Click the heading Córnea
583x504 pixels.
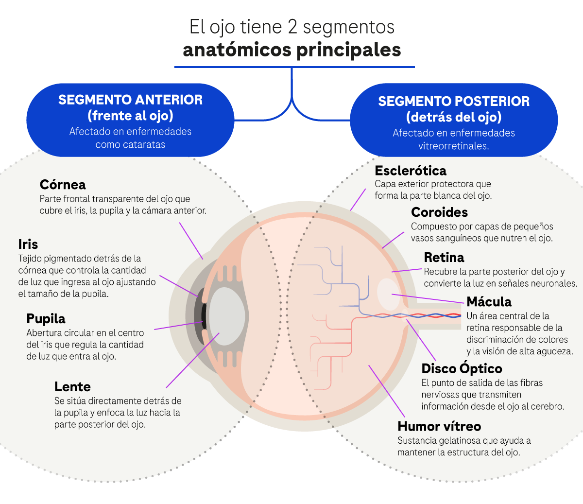click(x=63, y=185)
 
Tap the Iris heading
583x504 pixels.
click(x=28, y=244)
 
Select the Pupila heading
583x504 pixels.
click(x=46, y=319)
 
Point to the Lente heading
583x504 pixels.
click(x=72, y=387)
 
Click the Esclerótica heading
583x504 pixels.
click(x=411, y=171)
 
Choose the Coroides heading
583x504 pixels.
click(x=439, y=212)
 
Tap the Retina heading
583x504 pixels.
click(x=444, y=258)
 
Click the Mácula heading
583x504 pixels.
click(x=489, y=302)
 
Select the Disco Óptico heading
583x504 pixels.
click(x=462, y=368)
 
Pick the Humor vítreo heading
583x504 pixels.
click(x=439, y=426)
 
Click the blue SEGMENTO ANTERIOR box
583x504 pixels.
click(x=130, y=120)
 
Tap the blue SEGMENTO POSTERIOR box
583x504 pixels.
click(x=454, y=121)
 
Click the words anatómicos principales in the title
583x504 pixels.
click(x=292, y=50)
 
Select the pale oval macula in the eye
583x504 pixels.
click(x=388, y=294)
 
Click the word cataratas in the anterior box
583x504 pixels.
click(x=145, y=145)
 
